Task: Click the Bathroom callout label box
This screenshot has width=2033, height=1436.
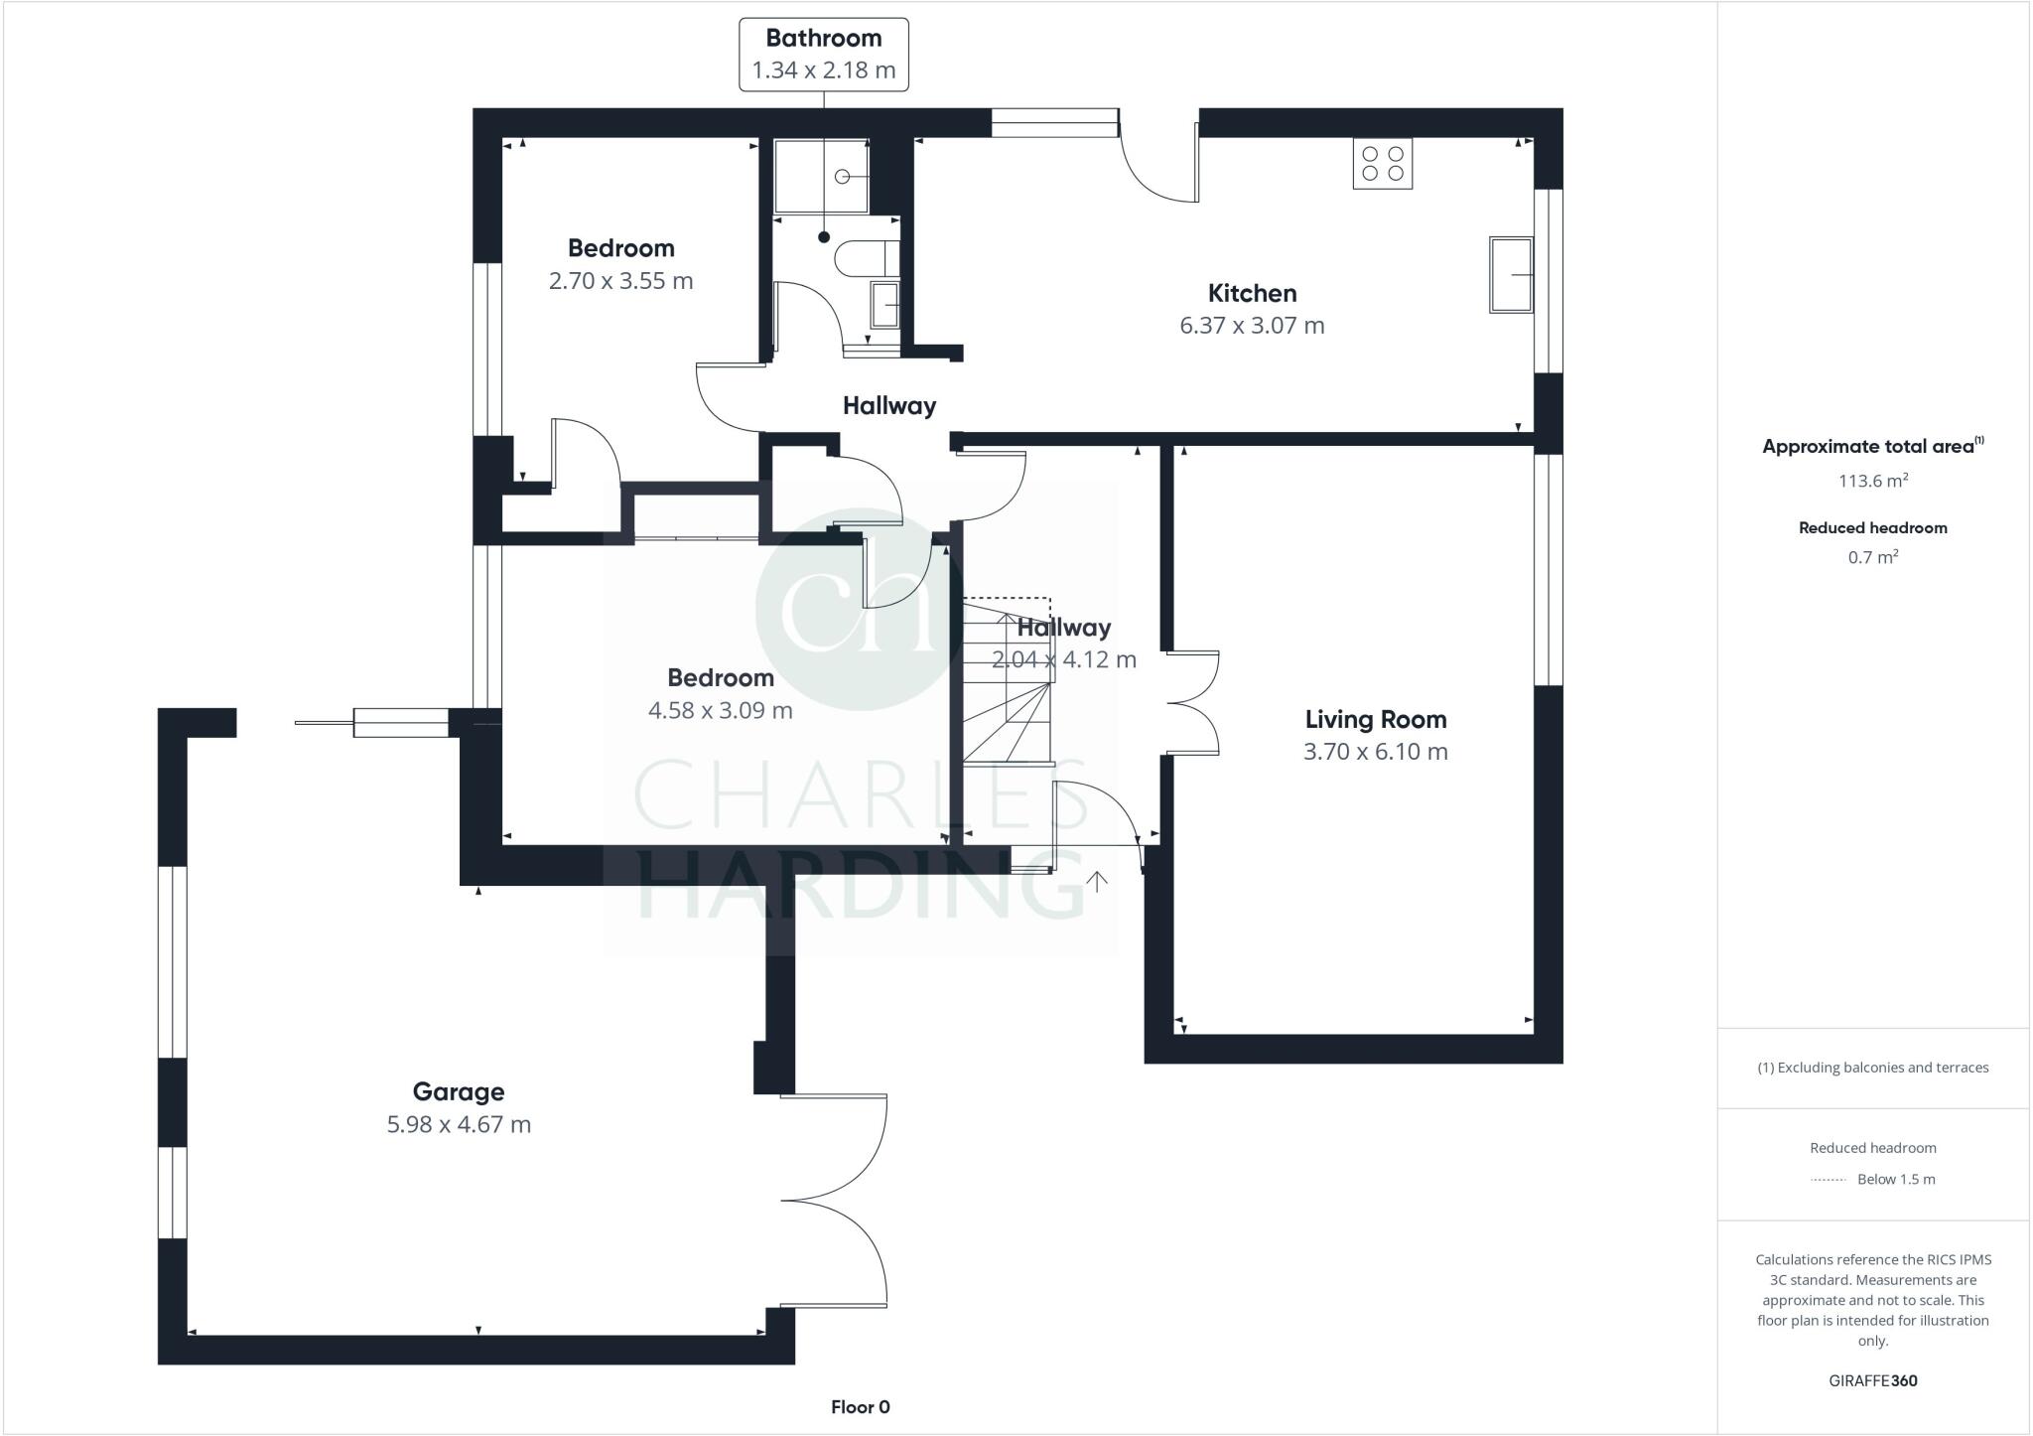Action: tap(823, 55)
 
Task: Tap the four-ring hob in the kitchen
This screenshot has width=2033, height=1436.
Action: tap(1382, 164)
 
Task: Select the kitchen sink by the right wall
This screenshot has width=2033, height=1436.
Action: tap(1510, 275)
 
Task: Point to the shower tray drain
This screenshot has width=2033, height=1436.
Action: tap(842, 177)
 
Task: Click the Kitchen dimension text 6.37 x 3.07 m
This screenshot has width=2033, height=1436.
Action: tap(1251, 326)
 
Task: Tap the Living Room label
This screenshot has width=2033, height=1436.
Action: tap(1375, 719)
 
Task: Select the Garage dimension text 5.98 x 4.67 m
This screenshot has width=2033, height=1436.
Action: tap(459, 1124)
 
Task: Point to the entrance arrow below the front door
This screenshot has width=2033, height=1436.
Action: tap(1097, 881)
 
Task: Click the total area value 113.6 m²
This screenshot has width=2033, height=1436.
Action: tap(1872, 481)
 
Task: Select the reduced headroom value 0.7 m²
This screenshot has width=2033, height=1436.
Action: tap(1872, 557)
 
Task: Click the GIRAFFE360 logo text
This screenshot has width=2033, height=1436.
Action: tap(1872, 1380)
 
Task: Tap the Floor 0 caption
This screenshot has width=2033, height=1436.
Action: tap(860, 1406)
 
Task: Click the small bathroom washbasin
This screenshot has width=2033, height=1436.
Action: tap(884, 304)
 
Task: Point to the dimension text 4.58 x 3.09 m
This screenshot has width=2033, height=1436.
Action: tap(720, 710)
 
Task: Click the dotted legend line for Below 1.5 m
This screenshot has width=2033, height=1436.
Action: tap(1827, 1180)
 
